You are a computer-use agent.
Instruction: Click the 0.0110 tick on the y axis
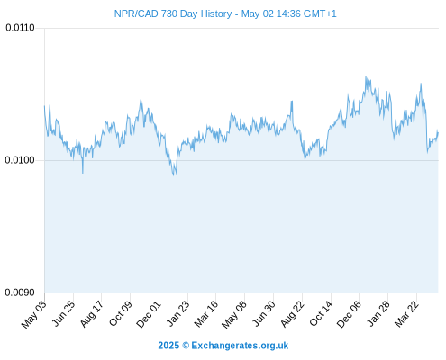(x=20, y=28)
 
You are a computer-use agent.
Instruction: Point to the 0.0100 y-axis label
(x=20, y=160)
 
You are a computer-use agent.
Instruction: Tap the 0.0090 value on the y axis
(x=20, y=292)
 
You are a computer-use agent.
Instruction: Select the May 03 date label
(x=34, y=314)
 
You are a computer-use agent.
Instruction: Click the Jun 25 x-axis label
(x=64, y=313)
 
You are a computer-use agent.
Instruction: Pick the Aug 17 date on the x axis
(x=92, y=313)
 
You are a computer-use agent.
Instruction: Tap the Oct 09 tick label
(x=121, y=313)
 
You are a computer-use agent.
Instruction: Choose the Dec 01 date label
(x=149, y=314)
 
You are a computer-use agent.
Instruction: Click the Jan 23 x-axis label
(x=178, y=313)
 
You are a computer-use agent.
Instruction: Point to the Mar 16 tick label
(x=206, y=314)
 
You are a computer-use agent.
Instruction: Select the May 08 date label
(x=234, y=314)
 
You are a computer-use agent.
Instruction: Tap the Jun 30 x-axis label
(x=264, y=313)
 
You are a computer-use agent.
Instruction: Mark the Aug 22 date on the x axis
(x=292, y=313)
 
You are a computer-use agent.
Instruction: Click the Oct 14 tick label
(x=321, y=313)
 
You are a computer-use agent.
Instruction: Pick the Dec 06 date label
(x=349, y=314)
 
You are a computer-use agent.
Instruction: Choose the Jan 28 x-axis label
(x=378, y=313)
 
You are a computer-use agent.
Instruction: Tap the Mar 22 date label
(x=406, y=313)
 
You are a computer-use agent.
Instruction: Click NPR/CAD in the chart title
(x=136, y=13)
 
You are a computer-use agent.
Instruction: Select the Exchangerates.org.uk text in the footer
(x=240, y=346)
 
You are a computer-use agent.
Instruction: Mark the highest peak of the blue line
(x=366, y=76)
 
